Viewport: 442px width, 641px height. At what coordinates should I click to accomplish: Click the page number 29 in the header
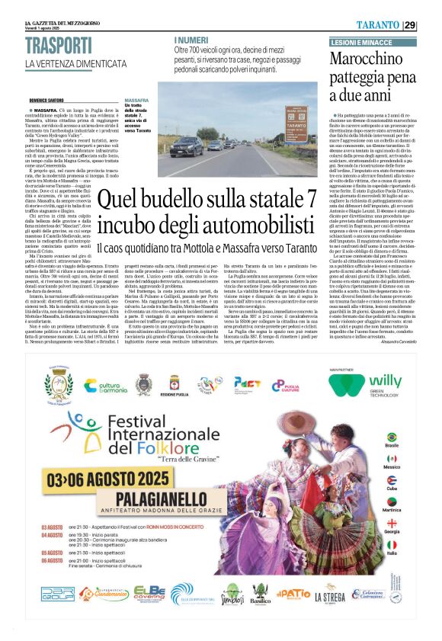point(431,24)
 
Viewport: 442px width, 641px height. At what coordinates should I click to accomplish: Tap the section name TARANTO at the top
point(397,24)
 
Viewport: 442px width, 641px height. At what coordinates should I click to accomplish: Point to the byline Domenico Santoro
point(48,100)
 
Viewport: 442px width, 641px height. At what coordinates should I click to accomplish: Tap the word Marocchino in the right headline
point(380,60)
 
